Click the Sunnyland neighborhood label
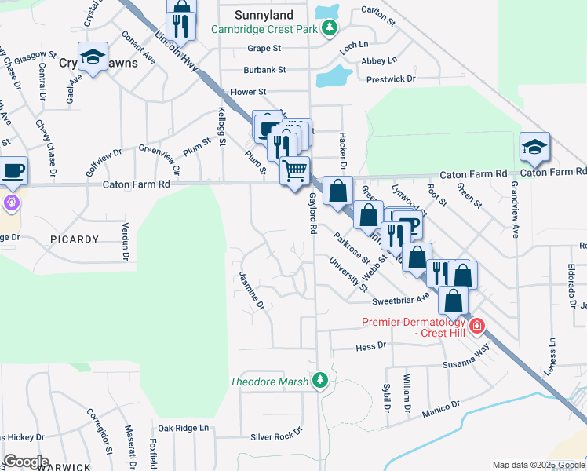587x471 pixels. [x=264, y=15]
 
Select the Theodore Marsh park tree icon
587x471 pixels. [x=319, y=382]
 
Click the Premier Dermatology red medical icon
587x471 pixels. [x=476, y=326]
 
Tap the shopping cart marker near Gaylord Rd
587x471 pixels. [x=295, y=170]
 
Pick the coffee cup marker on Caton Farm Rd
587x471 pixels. [x=13, y=170]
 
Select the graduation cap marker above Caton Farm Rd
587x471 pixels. [x=534, y=146]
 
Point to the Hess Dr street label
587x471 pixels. [x=371, y=345]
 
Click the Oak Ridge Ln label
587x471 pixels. [x=184, y=428]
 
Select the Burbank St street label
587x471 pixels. [x=264, y=69]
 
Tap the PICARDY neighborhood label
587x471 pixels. [x=75, y=239]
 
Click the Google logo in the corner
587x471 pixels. [x=26, y=461]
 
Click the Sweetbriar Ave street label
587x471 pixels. [x=401, y=300]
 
